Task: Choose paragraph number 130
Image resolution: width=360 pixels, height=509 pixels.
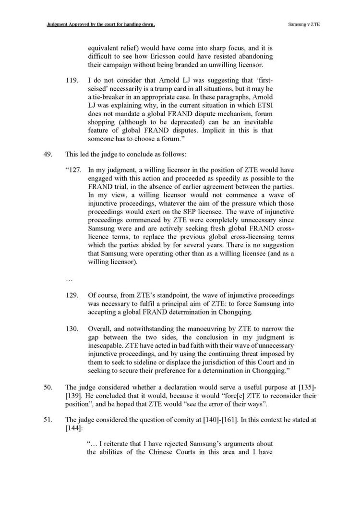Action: (x=71, y=328)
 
